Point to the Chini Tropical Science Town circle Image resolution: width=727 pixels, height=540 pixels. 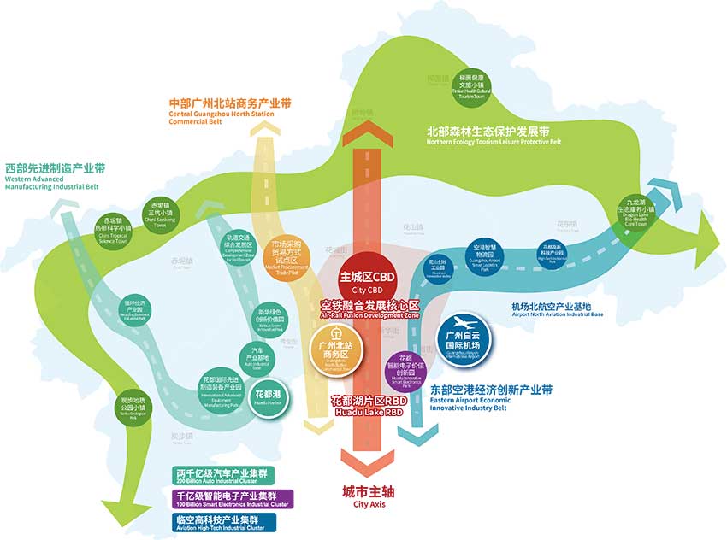pos(115,231)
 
